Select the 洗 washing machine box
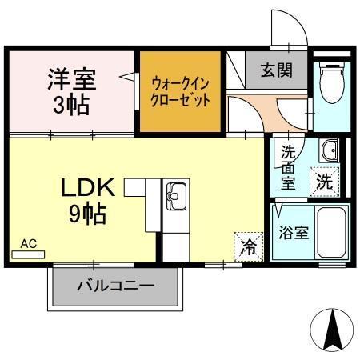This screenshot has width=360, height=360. [326, 181]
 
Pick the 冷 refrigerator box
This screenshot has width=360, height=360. [248, 246]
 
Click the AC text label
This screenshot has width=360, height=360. [29, 243]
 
